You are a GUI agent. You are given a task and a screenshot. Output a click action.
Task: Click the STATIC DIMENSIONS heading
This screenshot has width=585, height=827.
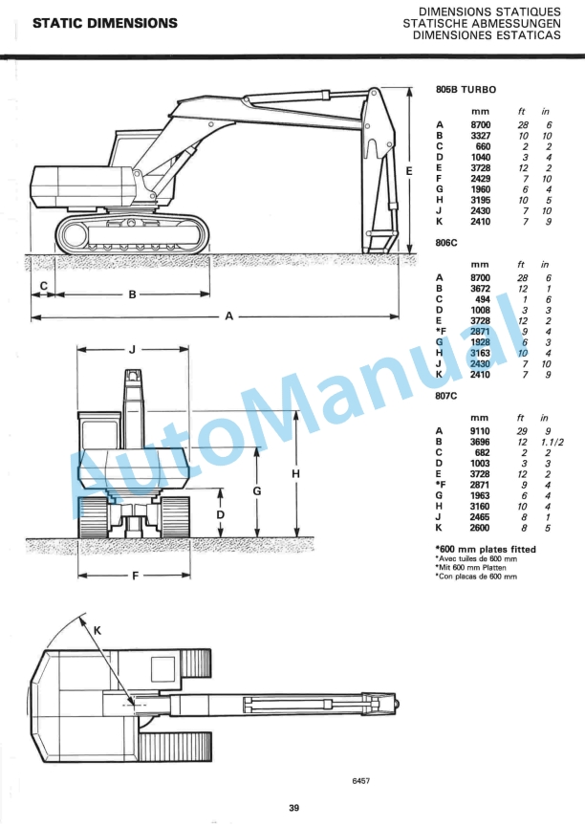104,22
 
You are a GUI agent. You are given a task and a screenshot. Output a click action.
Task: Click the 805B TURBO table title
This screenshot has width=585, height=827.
466,89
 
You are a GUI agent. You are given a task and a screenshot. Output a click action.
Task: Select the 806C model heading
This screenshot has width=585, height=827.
446,243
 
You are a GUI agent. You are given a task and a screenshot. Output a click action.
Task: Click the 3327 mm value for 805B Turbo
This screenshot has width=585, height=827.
481,136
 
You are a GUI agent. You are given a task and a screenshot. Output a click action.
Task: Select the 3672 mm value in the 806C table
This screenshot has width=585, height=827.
481,289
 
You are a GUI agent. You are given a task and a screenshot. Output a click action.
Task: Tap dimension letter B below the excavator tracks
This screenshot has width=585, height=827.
132,294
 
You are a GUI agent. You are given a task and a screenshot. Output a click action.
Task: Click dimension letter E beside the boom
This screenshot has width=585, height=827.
408,170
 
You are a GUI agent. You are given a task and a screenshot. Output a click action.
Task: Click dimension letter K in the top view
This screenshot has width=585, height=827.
97,630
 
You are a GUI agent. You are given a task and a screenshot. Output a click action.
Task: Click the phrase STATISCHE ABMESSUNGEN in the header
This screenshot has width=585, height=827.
481,23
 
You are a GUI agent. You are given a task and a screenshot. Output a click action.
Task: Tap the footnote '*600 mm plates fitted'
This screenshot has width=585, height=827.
485,549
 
